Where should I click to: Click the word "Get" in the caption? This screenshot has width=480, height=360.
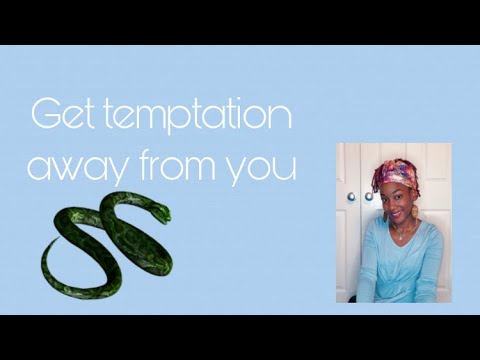pyautogui.click(x=60, y=116)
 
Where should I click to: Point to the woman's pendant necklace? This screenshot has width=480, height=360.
pyautogui.click(x=402, y=238)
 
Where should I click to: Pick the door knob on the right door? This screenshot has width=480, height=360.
pyautogui.click(x=368, y=197)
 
